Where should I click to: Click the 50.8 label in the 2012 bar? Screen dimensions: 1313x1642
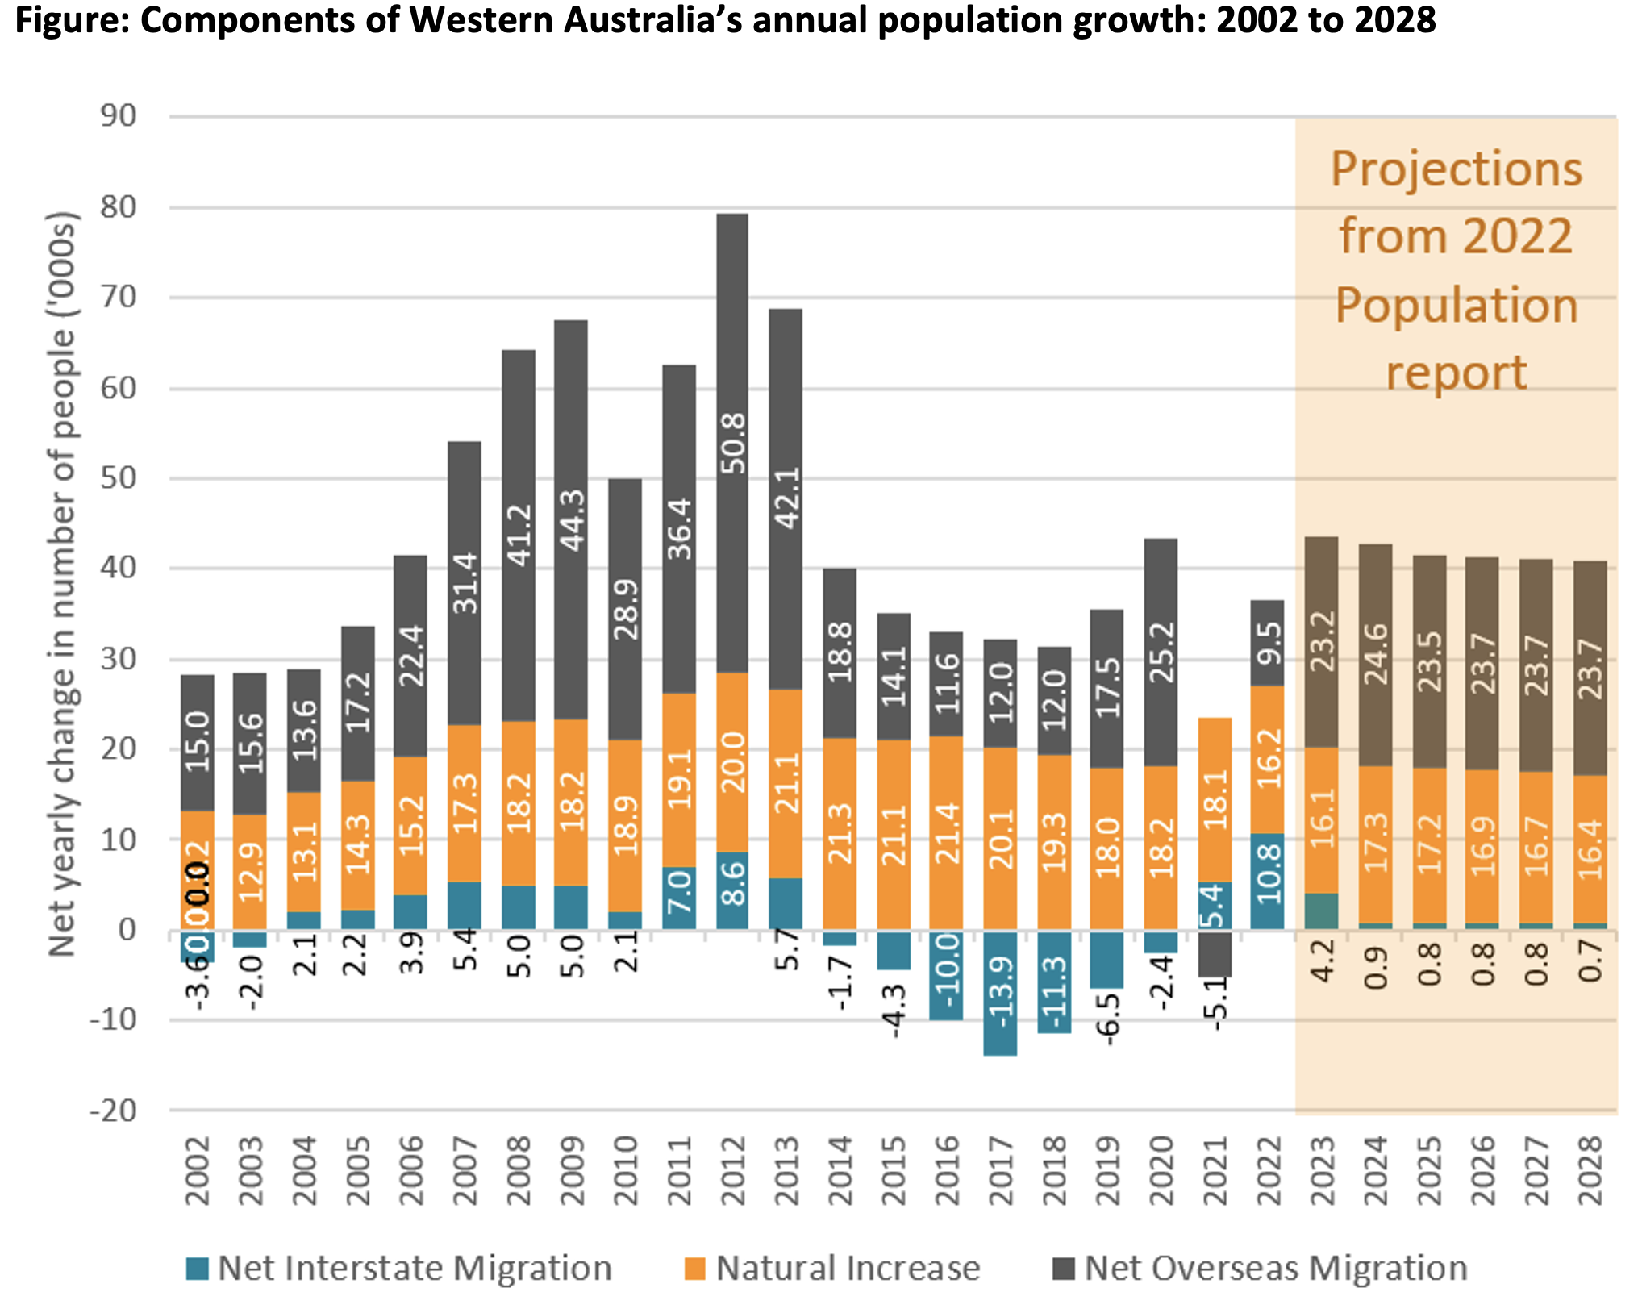tap(733, 443)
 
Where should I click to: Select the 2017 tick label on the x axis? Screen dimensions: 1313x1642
tap(1001, 1171)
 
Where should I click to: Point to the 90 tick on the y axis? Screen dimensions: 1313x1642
tap(119, 116)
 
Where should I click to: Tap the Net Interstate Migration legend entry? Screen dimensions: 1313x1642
tap(400, 1269)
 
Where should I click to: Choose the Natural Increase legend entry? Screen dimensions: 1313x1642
tap(832, 1269)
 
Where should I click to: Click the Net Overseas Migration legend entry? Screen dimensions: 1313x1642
tap(1261, 1269)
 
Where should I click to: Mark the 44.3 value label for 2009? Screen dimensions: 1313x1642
tap(572, 520)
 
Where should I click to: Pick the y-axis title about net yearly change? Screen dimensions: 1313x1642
tap(63, 584)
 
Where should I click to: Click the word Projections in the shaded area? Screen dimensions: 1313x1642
tap(1456, 169)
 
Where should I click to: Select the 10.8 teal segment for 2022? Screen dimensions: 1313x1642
tap(1268, 881)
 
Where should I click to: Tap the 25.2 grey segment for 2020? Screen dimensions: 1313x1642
tap(1161, 652)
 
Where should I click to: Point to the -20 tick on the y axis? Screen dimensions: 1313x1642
tap(114, 1111)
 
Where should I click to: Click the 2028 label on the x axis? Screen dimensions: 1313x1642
tap(1590, 1171)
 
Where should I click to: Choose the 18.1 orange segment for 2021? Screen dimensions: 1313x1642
tap(1215, 800)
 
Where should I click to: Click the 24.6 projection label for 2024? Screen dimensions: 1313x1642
tap(1375, 654)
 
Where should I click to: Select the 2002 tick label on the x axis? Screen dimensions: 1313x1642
tap(198, 1171)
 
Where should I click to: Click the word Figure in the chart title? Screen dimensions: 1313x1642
tap(69, 20)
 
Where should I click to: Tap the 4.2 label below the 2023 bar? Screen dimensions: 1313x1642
tap(1322, 961)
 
